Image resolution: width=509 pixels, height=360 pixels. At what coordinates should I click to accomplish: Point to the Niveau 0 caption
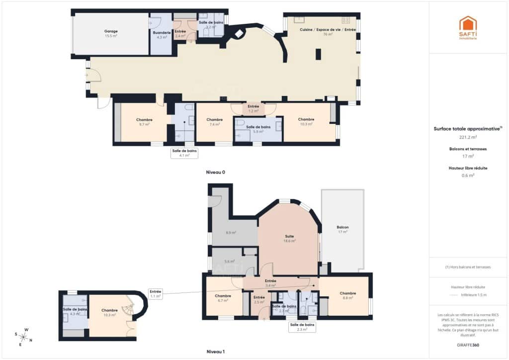[x=216, y=172]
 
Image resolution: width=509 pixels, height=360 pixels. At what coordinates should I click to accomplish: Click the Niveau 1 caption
[x=216, y=352]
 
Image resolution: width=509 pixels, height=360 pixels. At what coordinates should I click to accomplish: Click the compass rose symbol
[x=25, y=336]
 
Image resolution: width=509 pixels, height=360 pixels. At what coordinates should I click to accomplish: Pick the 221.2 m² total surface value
[x=467, y=137]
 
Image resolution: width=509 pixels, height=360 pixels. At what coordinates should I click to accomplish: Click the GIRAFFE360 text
[x=467, y=345]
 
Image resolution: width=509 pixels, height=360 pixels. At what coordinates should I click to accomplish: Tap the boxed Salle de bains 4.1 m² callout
[x=184, y=153]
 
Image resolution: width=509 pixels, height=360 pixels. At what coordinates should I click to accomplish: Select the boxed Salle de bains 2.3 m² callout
[x=302, y=326]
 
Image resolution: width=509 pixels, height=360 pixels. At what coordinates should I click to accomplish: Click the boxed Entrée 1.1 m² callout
[x=156, y=293]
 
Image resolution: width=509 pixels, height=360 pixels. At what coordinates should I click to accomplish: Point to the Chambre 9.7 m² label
[x=144, y=122]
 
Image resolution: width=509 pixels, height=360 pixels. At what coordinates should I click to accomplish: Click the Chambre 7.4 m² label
[x=214, y=122]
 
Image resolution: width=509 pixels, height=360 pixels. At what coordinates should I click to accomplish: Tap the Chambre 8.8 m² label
[x=348, y=295]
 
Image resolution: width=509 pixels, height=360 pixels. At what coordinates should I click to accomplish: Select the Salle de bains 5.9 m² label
[x=258, y=129]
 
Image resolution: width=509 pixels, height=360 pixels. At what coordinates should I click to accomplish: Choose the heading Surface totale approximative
[x=467, y=128]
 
